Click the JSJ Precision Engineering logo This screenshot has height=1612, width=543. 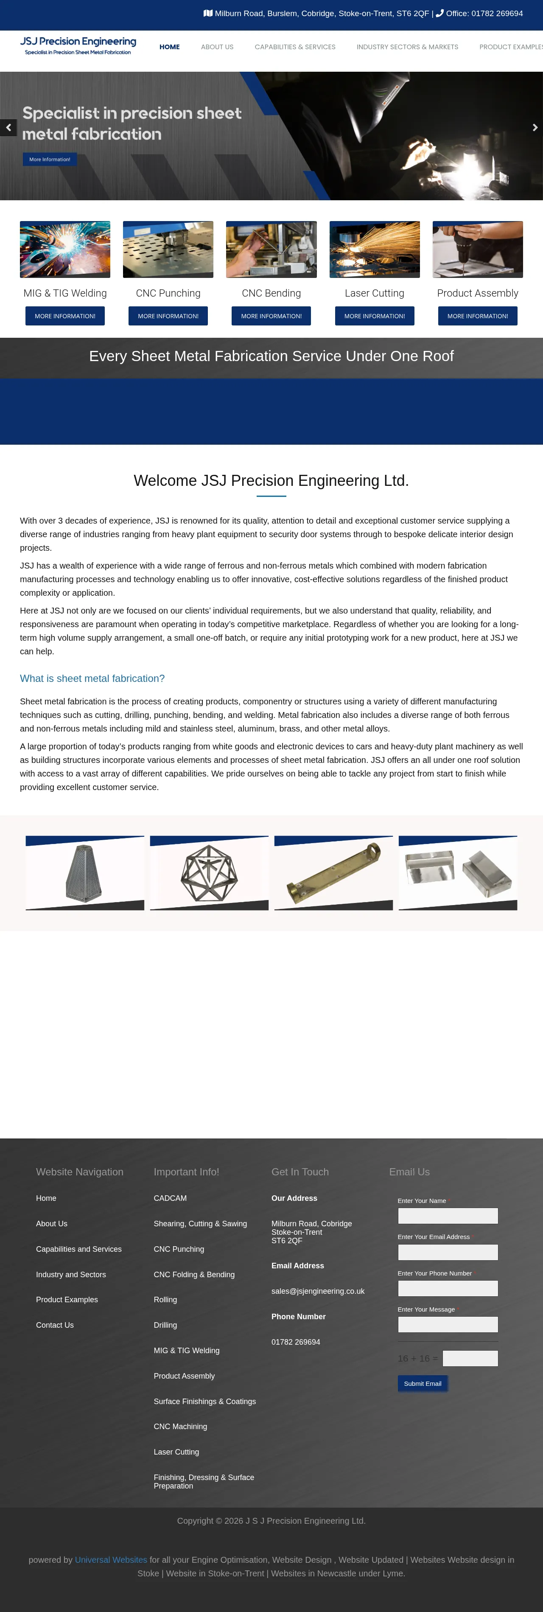78,45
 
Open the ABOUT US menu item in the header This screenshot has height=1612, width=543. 217,47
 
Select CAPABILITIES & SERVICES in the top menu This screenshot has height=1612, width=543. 295,47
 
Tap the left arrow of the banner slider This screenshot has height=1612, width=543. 8,128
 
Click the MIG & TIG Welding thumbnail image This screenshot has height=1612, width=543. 65,249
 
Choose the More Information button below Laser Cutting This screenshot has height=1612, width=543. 374,316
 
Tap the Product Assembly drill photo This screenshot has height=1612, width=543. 477,249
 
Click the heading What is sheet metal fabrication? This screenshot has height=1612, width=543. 92,678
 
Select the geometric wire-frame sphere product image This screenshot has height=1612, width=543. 209,872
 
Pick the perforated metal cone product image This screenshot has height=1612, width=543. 84,872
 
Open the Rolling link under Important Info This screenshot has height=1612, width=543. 165,1300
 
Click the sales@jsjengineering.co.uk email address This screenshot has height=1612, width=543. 318,1291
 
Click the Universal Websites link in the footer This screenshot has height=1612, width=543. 111,1559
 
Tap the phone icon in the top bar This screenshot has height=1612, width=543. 440,13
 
